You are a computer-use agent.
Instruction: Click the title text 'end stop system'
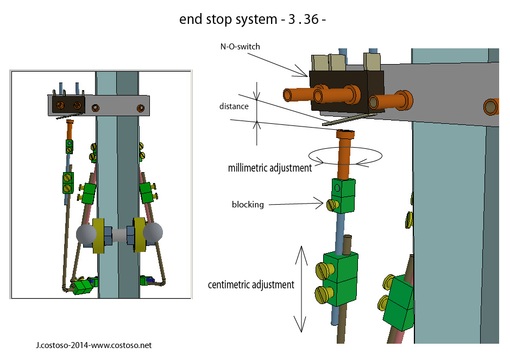[x=228, y=20]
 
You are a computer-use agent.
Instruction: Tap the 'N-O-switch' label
[x=240, y=47]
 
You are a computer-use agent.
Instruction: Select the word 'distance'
[x=235, y=106]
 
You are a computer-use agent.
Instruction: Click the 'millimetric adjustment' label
[x=270, y=168]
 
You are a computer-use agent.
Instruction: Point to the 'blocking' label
[x=248, y=205]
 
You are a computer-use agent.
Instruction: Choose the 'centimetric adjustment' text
[x=251, y=285]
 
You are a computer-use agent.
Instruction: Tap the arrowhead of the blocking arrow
[x=321, y=205]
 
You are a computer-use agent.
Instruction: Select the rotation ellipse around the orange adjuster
[x=345, y=156]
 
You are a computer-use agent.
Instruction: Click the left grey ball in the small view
[x=86, y=235]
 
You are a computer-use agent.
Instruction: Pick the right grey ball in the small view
[x=153, y=233]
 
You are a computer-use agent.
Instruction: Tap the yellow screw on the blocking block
[x=331, y=205]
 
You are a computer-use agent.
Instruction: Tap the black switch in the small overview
[x=68, y=104]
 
